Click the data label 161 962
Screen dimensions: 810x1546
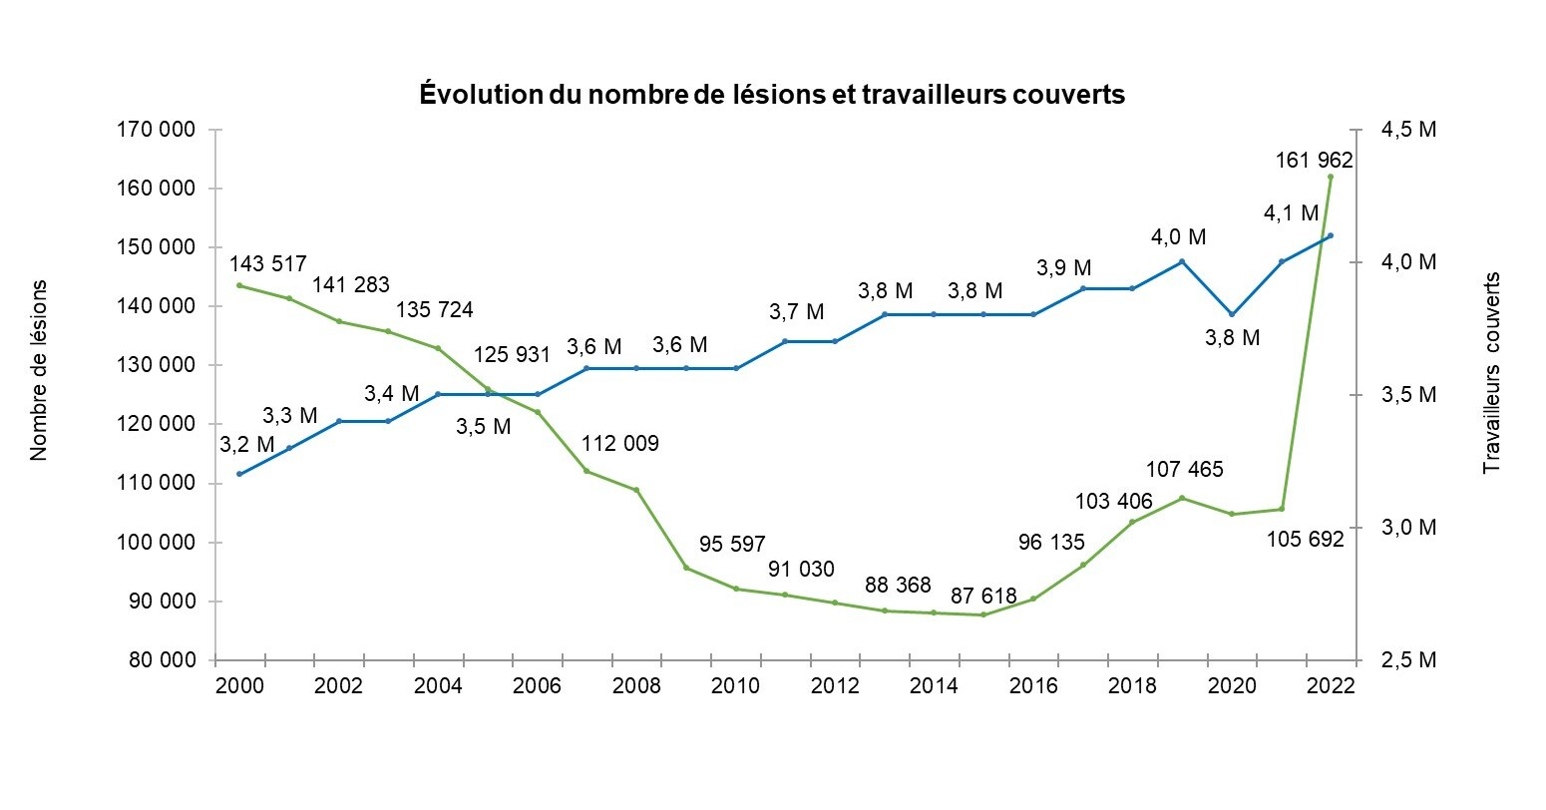[1314, 160]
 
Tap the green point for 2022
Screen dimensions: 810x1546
[1331, 177]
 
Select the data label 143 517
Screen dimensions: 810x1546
[268, 264]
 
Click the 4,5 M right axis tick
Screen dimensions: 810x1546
[1407, 130]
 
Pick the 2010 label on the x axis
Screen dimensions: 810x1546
[736, 686]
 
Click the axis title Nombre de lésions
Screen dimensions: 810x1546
[39, 370]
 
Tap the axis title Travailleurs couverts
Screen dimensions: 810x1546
[1492, 372]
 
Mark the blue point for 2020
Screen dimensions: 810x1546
[1232, 314]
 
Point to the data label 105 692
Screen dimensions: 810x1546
[1305, 539]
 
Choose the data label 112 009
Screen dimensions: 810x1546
[619, 443]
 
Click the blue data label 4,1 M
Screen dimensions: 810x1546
[1291, 212]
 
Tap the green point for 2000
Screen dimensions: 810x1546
[239, 285]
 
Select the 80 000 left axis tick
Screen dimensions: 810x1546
[159, 660]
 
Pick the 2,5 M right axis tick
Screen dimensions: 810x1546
[1407, 660]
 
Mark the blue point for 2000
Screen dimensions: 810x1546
[239, 474]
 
